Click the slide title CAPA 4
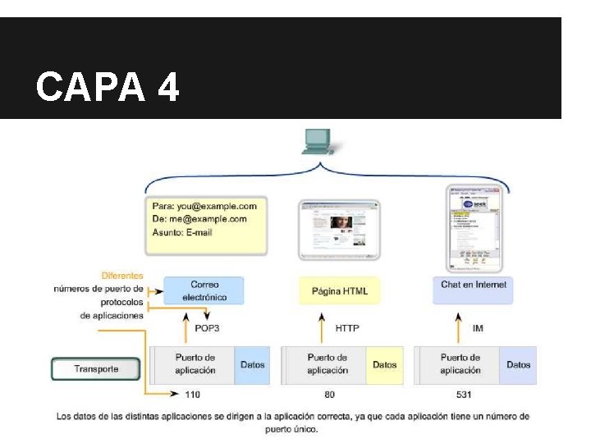click(x=108, y=86)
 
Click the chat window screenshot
click(x=472, y=228)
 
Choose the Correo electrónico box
click(x=204, y=290)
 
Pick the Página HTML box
click(x=340, y=290)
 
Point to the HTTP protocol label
click(x=347, y=328)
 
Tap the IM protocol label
click(x=478, y=328)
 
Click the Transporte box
click(x=96, y=369)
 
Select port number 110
click(x=192, y=395)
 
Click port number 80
click(x=328, y=395)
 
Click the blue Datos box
click(x=252, y=365)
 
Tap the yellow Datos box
click(x=384, y=365)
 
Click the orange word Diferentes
click(x=122, y=276)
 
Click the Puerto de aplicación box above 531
click(x=460, y=365)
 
